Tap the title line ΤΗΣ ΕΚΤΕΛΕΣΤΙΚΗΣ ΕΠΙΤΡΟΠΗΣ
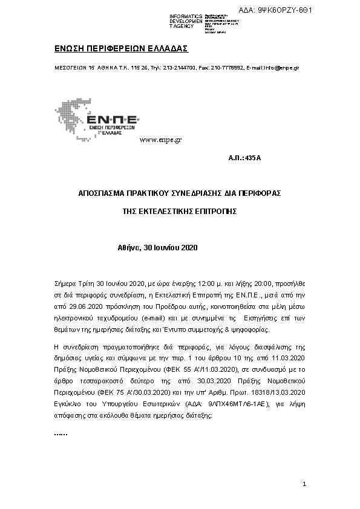[180, 212]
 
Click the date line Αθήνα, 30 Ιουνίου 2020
[158, 248]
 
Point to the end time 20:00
[263, 282]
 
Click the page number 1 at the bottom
[305, 484]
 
